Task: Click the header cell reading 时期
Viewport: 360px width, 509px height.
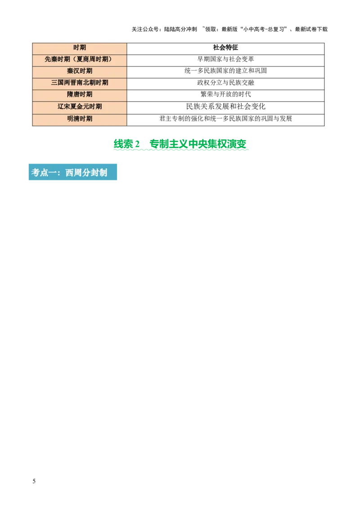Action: pyautogui.click(x=80, y=48)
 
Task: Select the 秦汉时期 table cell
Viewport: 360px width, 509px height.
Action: pyautogui.click(x=80, y=71)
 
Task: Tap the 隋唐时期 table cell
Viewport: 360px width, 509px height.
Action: pyautogui.click(x=80, y=94)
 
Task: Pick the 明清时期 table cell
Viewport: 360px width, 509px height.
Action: pyautogui.click(x=80, y=119)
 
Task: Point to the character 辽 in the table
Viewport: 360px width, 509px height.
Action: pyautogui.click(x=61, y=107)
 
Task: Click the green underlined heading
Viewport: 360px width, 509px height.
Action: pyautogui.click(x=181, y=144)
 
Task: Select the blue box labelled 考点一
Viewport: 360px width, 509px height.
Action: pyautogui.click(x=72, y=173)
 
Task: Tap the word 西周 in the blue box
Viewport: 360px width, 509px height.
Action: pyautogui.click(x=72, y=173)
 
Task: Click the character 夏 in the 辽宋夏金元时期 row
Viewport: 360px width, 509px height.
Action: pyautogui.click(x=73, y=107)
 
